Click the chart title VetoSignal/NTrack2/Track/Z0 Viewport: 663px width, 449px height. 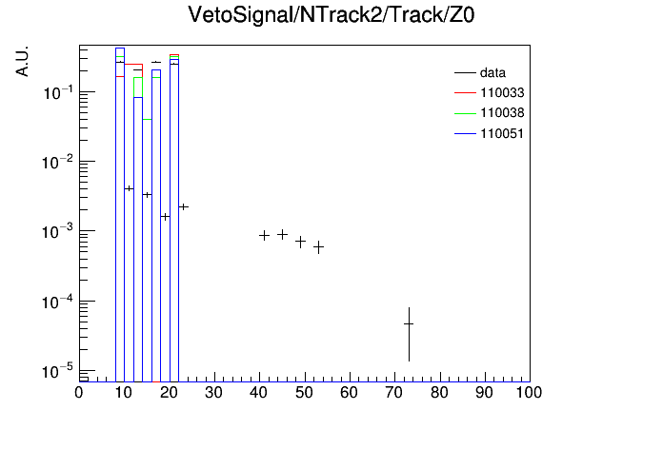[x=331, y=15]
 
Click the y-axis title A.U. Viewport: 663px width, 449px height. [x=22, y=61]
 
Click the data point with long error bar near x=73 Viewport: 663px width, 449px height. [x=409, y=324]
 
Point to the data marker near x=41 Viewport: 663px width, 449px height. [x=264, y=235]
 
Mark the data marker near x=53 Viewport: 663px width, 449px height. [x=318, y=246]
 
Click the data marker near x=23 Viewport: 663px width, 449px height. [x=183, y=206]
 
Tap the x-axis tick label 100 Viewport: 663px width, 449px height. [x=529, y=393]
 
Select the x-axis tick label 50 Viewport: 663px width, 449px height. [x=304, y=393]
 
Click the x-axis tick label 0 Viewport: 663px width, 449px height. [x=79, y=393]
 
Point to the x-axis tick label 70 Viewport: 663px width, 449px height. [x=394, y=393]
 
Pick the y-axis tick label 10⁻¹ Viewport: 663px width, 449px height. [x=58, y=92]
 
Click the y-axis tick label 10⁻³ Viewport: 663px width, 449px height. [x=58, y=231]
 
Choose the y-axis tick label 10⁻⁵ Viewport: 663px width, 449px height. [x=58, y=372]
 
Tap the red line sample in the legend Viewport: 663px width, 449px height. [x=465, y=93]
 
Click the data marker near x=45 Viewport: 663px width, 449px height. [x=283, y=234]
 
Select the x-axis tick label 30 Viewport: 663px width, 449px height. [x=214, y=393]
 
